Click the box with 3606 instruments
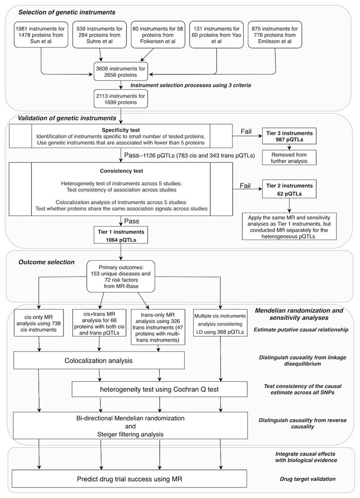coord(121,71)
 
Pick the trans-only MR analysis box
coord(159,326)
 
